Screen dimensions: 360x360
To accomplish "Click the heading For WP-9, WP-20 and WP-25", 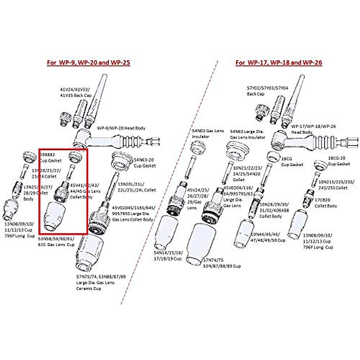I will click(88, 63).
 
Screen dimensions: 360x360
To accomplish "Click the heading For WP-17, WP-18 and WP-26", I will click(279, 63).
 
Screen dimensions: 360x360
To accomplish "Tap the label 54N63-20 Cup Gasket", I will click(145, 163).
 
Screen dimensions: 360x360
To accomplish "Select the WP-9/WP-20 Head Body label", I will click(121, 128).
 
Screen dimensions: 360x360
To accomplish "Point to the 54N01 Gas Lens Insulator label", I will click(208, 133).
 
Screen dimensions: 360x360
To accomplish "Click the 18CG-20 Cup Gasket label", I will click(339, 161).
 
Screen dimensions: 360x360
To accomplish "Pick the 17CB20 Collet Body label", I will click(325, 203).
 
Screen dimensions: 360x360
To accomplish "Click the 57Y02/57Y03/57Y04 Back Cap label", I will click(267, 91).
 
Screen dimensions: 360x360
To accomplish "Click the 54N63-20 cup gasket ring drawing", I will click(122, 160).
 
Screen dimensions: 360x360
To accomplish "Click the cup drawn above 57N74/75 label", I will click(200, 243).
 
